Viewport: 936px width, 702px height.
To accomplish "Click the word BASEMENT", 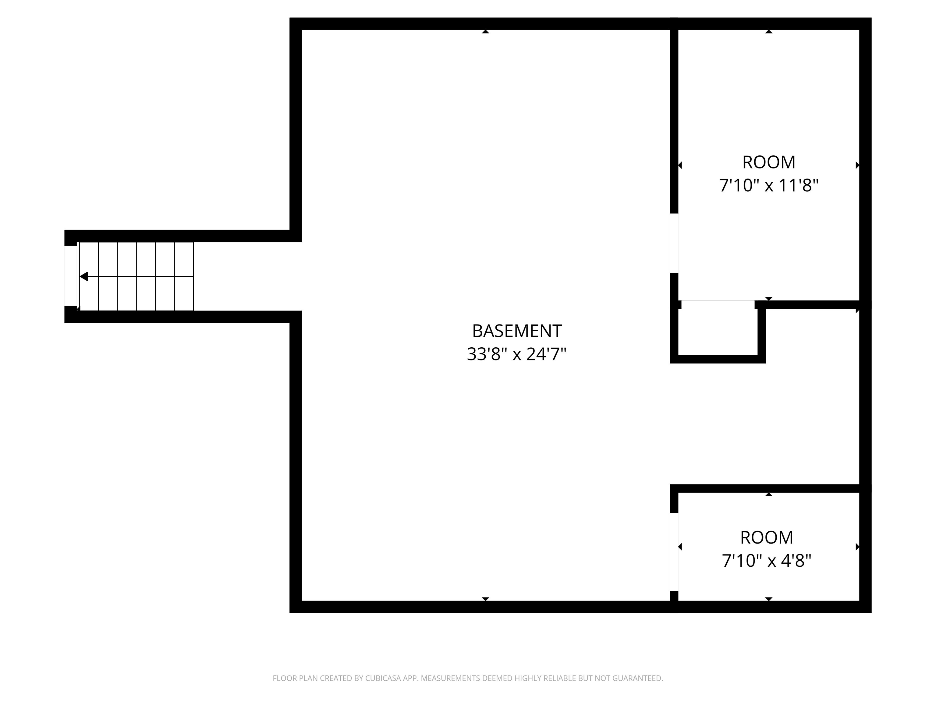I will (517, 331).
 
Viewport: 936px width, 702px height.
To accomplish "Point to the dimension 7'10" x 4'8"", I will (766, 561).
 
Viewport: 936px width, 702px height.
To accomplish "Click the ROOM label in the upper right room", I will (768, 162).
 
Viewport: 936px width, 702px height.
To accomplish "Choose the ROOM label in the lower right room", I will (766, 538).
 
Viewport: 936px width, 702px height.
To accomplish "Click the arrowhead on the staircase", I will (84, 277).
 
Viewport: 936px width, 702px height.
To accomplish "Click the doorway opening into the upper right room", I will (674, 243).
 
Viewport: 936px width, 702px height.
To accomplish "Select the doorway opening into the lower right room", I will (674, 552).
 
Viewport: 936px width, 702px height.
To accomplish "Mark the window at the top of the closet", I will (718, 305).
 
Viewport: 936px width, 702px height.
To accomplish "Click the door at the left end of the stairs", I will (71, 276).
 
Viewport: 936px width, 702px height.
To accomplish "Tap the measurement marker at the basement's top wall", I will (485, 31).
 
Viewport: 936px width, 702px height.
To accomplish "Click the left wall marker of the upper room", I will (680, 165).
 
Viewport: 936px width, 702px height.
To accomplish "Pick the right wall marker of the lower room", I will (857, 547).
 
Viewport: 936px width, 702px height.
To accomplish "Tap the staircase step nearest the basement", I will (184, 277).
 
